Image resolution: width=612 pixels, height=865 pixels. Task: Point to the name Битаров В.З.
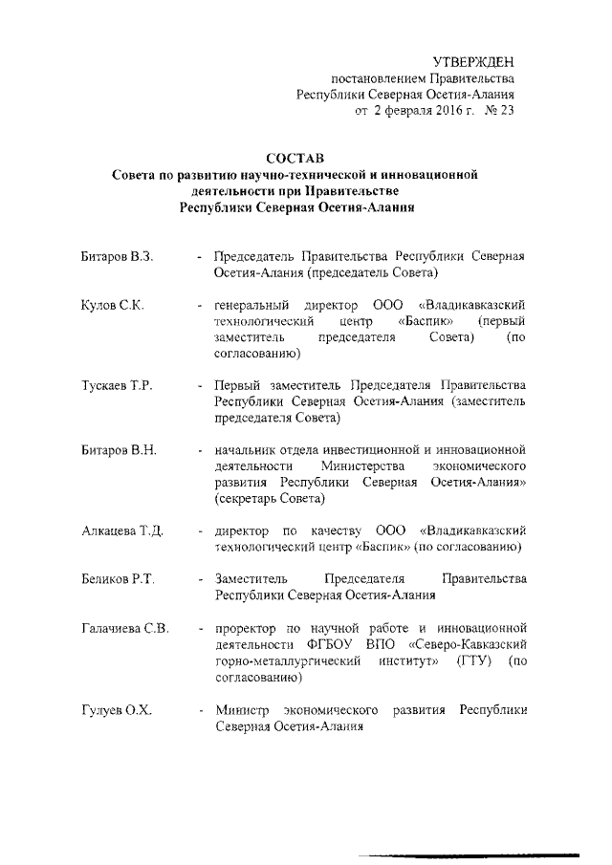pyautogui.click(x=118, y=258)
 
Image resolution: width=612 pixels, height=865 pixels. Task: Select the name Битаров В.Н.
pyautogui.click(x=118, y=449)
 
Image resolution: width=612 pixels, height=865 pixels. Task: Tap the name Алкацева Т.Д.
pyautogui.click(x=122, y=530)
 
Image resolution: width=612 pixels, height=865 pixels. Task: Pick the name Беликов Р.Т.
pyautogui.click(x=118, y=578)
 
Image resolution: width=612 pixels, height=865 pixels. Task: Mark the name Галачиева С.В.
pyautogui.click(x=125, y=628)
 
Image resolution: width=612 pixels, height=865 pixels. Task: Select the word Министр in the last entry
pyautogui.click(x=241, y=711)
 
